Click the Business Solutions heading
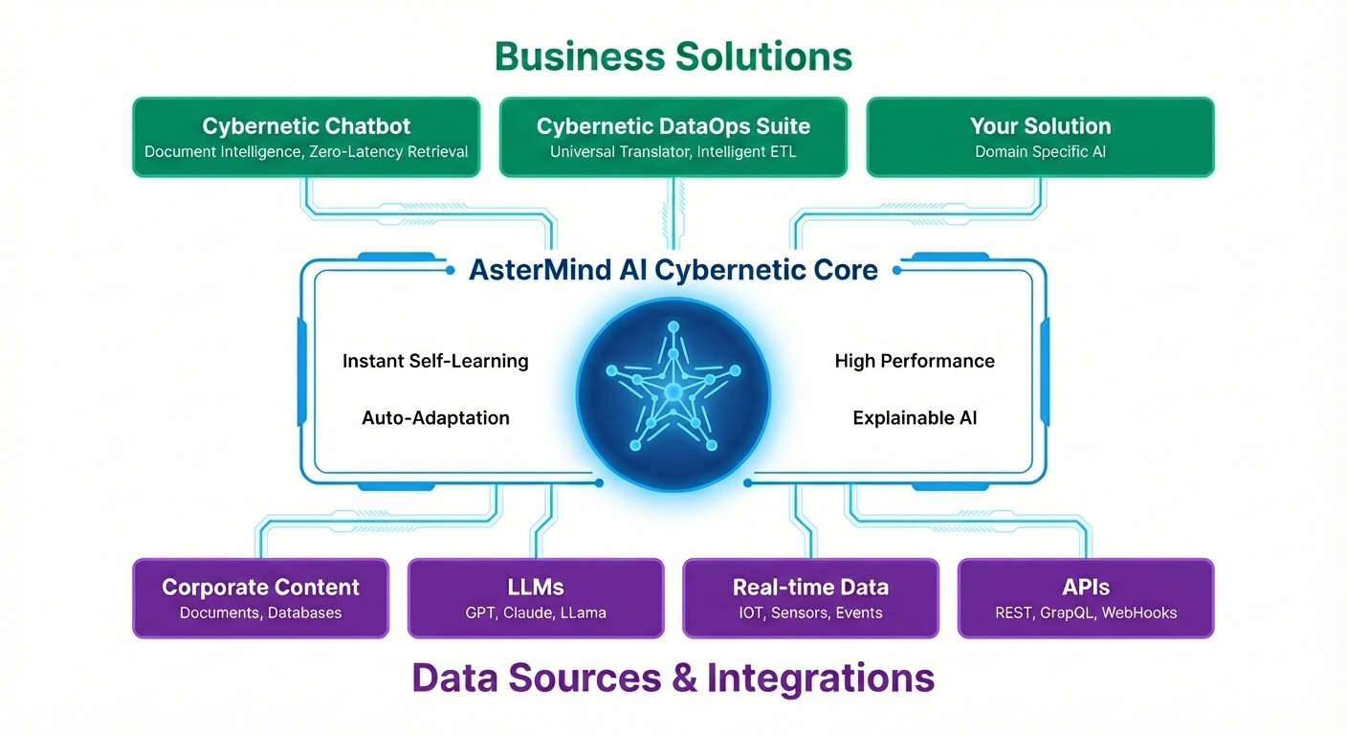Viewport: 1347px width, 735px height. point(673,56)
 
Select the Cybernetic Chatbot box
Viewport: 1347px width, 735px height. point(306,137)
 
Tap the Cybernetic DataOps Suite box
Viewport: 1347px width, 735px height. point(673,137)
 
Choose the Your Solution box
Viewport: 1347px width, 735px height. point(1040,137)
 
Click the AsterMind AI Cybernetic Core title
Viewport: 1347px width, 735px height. point(673,270)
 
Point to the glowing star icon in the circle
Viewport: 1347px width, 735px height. point(673,391)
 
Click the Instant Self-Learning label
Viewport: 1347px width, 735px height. point(435,361)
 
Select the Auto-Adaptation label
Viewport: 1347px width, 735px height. point(435,417)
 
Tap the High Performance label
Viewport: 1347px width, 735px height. point(915,361)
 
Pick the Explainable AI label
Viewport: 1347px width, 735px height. point(915,417)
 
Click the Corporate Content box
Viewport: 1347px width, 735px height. point(260,598)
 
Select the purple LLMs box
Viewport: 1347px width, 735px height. point(536,598)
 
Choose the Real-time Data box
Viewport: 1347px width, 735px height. point(810,598)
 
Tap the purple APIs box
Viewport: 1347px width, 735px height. point(1085,598)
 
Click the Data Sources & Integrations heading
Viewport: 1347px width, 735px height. point(673,678)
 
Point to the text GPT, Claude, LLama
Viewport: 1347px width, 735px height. point(536,612)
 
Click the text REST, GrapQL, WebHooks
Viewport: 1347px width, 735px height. point(1085,612)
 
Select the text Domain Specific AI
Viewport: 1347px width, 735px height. point(1040,152)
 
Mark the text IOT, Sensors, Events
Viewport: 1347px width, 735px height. point(810,612)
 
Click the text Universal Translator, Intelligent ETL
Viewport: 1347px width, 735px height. point(673,152)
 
